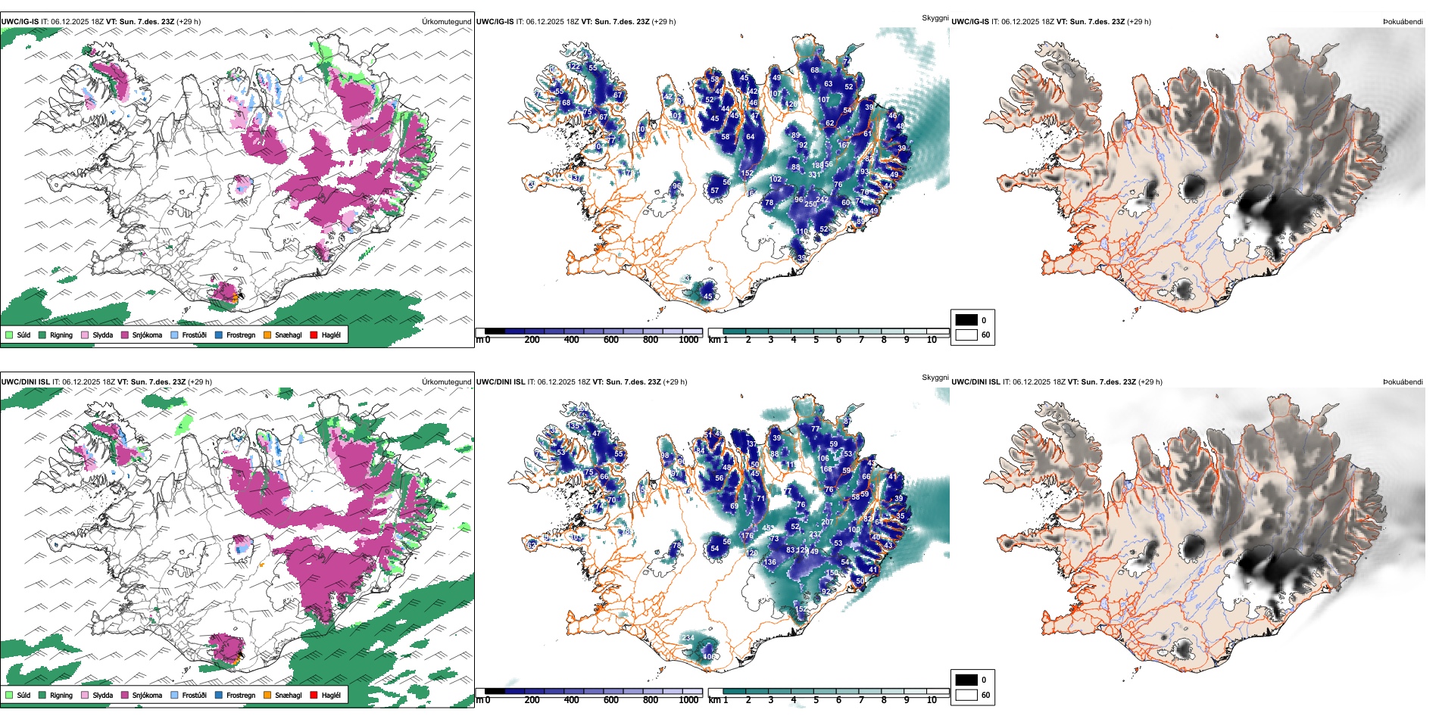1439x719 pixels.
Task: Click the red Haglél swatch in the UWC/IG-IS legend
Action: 314,335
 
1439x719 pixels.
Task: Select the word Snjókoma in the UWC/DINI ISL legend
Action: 147,695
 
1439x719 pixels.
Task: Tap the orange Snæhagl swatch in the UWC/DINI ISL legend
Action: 267,695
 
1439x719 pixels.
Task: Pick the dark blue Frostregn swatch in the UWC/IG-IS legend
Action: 219,335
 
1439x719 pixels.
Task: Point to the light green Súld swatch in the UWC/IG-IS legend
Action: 9,335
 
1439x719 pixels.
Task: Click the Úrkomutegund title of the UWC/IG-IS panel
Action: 446,22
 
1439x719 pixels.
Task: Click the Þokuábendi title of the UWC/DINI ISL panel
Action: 1403,382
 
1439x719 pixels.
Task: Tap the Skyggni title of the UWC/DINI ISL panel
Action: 935,377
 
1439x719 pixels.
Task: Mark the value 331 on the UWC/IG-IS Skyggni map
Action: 815,175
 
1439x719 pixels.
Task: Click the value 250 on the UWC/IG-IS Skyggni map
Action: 810,204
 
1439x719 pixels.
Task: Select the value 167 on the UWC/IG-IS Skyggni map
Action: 844,145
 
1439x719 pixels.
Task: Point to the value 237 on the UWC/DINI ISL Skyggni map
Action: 815,534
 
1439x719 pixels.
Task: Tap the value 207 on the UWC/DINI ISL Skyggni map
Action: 827,522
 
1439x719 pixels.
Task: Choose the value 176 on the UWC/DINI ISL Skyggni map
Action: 747,536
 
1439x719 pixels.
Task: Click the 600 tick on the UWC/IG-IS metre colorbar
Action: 611,340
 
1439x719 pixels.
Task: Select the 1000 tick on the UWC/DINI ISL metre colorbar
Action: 688,700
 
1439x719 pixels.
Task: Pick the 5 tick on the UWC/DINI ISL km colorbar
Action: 816,700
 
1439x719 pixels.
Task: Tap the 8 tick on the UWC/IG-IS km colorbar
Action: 884,340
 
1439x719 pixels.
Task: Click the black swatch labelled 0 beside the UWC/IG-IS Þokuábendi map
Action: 966,320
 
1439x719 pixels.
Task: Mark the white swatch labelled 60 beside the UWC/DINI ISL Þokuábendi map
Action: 966,695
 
